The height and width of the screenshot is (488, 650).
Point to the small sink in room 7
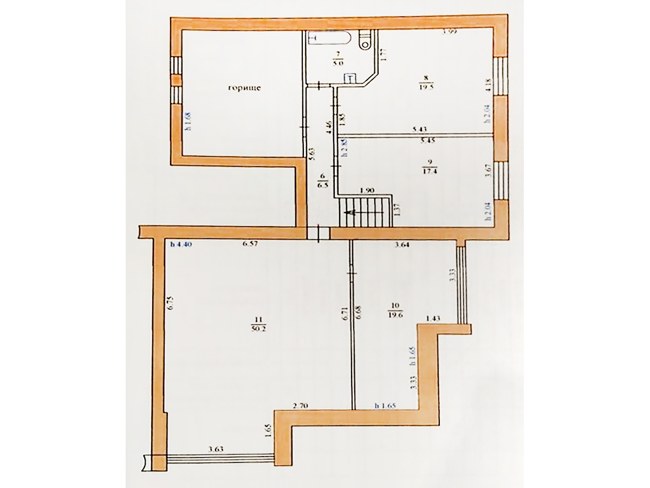click(x=350, y=79)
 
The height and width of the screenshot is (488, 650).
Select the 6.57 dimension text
click(x=250, y=245)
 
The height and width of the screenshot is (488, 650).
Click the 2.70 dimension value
click(x=300, y=405)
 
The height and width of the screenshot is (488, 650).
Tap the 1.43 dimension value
click(x=433, y=319)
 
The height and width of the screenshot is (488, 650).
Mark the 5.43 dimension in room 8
click(x=420, y=129)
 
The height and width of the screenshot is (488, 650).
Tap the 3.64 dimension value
click(x=401, y=245)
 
